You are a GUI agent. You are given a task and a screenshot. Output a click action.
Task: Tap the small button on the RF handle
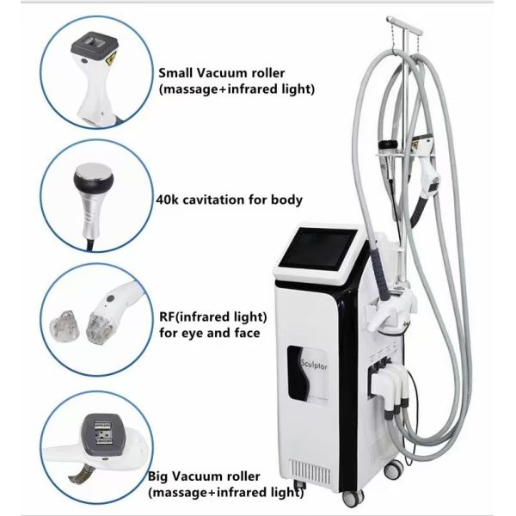(x=111, y=298)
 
